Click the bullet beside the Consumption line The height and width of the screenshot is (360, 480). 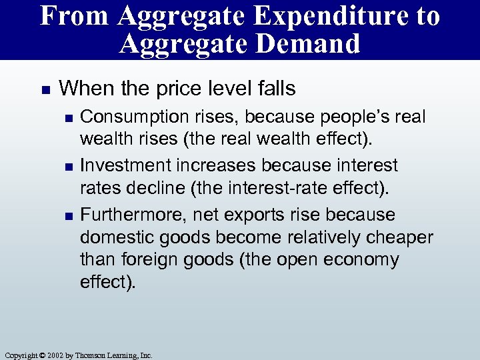click(65, 117)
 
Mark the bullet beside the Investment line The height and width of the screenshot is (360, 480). click(65, 166)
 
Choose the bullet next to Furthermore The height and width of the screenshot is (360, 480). click(65, 215)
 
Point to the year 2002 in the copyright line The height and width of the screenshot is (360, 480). click(56, 355)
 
